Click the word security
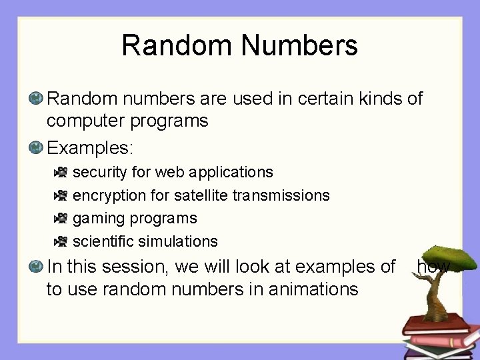pyautogui.click(x=99, y=172)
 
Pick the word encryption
pyautogui.click(x=107, y=195)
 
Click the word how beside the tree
pyautogui.click(x=433, y=267)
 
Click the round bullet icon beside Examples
pyautogui.click(x=37, y=146)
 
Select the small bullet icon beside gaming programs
pyautogui.click(x=61, y=218)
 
